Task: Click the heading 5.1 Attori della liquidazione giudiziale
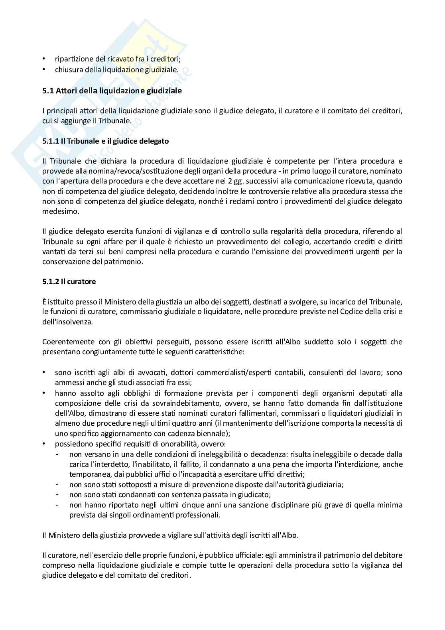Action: tap(112, 91)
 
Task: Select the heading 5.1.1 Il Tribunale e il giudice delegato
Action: tap(105, 141)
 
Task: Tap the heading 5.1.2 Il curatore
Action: tap(69, 281)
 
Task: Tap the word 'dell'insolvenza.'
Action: tap(67, 322)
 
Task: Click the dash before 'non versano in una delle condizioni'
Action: tap(58, 454)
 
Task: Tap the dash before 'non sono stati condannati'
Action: tap(58, 495)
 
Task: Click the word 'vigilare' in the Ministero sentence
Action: tap(184, 535)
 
